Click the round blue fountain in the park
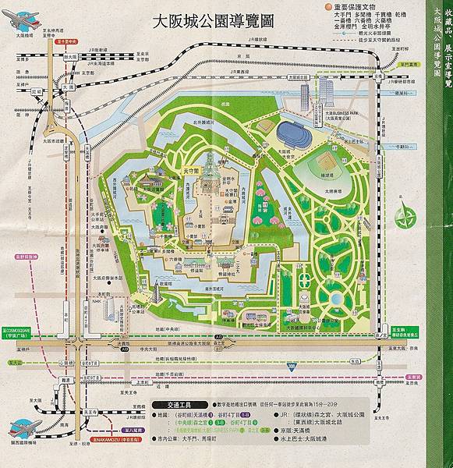tap(335, 298)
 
